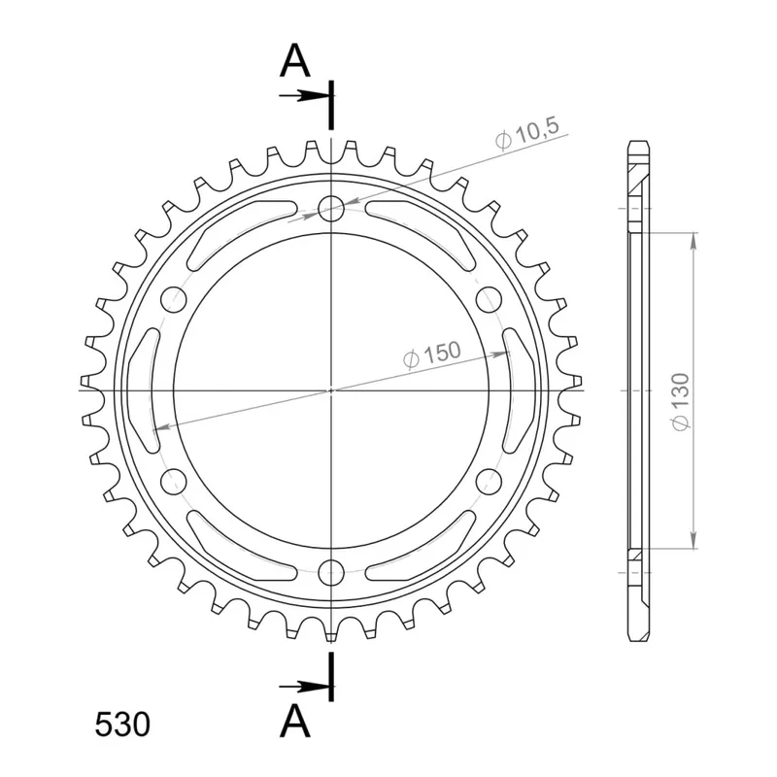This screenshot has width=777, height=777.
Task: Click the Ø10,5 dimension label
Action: tap(527, 133)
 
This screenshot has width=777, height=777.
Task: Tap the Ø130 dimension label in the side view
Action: tap(681, 402)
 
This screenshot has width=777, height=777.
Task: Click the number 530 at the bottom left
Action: tap(122, 725)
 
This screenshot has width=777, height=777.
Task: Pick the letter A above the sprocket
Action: tap(295, 61)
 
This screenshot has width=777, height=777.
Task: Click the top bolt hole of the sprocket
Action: tap(331, 208)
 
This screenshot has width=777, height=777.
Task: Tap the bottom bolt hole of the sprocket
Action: tap(331, 573)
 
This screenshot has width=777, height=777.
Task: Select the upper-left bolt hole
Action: tap(174, 299)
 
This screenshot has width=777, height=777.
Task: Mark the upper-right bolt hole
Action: tap(489, 299)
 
